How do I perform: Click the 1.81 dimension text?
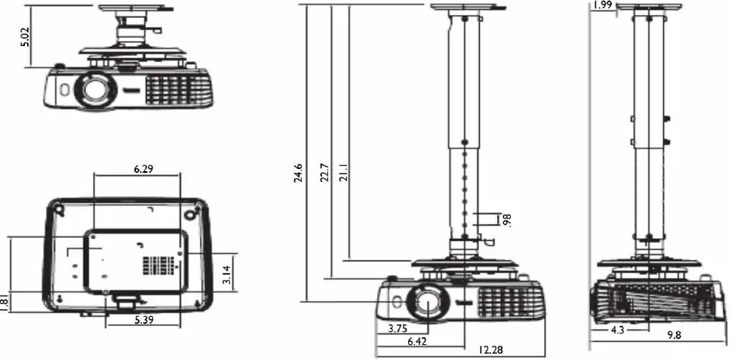pos(5,303)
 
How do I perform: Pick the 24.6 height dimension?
pos(299,173)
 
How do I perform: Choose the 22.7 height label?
pos(324,173)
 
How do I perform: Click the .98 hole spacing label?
pos(507,220)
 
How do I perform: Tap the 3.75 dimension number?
pos(398,328)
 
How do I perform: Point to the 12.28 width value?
pos(491,349)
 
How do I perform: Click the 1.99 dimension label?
pos(602,5)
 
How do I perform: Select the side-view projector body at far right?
pos(652,301)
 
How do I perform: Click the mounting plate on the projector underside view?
pos(136,261)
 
